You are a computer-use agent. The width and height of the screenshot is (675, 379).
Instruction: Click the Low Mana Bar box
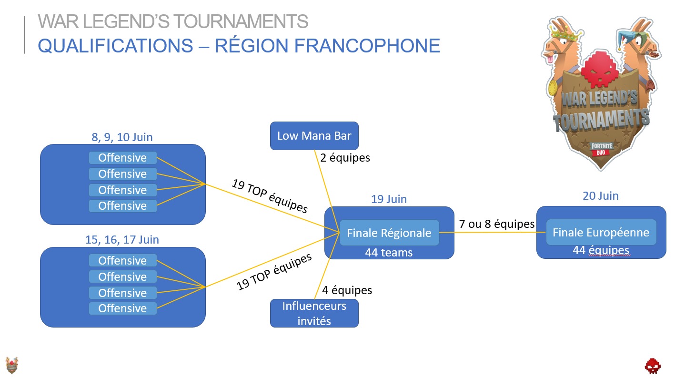(x=314, y=136)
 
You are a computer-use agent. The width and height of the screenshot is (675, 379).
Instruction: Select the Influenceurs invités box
(x=314, y=313)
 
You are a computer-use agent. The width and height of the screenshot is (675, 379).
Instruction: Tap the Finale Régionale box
(x=389, y=233)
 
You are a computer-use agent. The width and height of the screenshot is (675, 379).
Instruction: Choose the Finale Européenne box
(x=601, y=232)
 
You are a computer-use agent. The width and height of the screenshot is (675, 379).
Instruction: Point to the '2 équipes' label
(x=345, y=157)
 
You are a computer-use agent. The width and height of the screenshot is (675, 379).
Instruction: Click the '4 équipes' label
(x=347, y=290)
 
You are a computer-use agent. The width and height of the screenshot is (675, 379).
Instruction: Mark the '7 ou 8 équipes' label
(x=496, y=224)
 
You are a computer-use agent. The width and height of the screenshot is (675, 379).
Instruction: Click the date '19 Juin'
(x=389, y=199)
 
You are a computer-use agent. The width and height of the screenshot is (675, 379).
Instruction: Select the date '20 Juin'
(x=600, y=195)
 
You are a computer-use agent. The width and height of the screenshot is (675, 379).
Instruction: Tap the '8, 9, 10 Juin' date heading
(x=122, y=137)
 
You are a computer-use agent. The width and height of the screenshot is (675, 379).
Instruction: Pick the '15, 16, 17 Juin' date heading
(x=122, y=239)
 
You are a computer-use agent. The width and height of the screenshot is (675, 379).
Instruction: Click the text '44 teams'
(x=389, y=252)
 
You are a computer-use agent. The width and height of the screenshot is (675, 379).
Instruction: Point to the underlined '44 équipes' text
(x=601, y=250)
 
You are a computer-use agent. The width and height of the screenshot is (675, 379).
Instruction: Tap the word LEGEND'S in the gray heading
(x=120, y=21)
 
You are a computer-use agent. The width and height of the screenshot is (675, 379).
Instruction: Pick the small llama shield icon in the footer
(x=12, y=365)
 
